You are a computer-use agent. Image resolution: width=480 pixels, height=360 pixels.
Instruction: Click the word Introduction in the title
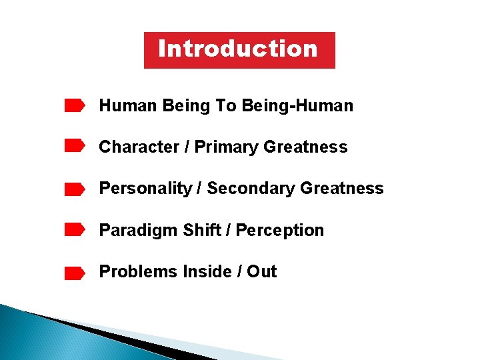coord(238,49)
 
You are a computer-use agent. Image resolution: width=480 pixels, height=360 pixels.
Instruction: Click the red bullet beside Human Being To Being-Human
coord(74,105)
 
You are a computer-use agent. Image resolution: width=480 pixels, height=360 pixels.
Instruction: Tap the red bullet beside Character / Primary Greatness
coord(74,147)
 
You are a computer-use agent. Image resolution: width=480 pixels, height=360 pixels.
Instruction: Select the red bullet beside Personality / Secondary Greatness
coord(74,190)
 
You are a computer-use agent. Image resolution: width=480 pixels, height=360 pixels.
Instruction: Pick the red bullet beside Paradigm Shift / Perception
coord(74,230)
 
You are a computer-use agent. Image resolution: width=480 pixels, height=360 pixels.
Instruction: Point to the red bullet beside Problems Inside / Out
coord(74,273)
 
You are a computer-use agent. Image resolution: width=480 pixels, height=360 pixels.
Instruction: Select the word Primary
coord(227,147)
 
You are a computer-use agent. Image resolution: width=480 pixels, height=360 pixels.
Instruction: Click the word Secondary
coord(251,189)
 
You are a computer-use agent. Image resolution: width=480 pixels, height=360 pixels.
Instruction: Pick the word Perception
coord(280,231)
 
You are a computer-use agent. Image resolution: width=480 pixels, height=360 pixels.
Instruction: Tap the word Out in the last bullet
coord(262,271)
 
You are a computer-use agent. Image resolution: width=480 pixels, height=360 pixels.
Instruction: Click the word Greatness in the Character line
coord(306,147)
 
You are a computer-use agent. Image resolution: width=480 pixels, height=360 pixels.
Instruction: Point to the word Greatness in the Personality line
coord(342,189)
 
